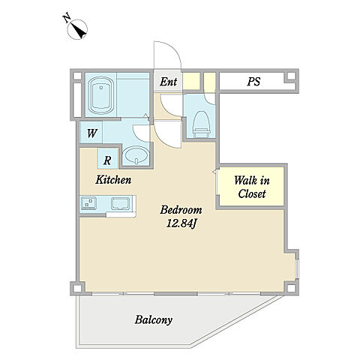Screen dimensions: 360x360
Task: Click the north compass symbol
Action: [x=77, y=29]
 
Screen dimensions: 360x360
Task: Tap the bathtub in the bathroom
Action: [x=101, y=95]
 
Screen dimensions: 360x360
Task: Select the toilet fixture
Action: [x=201, y=124]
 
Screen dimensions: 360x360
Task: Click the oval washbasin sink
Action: [x=136, y=155]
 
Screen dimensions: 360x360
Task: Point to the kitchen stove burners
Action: [x=88, y=202]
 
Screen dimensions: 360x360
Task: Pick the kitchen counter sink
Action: [x=121, y=203]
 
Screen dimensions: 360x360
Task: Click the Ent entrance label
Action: [x=169, y=82]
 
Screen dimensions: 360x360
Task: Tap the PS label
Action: [x=253, y=82]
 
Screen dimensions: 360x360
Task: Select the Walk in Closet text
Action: [x=252, y=187]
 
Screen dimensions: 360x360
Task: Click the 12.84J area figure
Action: [x=181, y=223]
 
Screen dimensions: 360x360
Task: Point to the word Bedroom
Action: [x=181, y=210]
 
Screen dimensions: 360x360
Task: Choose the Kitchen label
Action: [x=113, y=180]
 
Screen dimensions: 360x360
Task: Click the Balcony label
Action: [x=154, y=320]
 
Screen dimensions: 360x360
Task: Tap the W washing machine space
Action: [x=91, y=133]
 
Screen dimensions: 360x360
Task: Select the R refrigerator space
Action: [x=107, y=160]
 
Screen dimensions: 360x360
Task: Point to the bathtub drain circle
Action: [x=101, y=88]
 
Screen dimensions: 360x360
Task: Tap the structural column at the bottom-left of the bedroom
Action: [x=77, y=288]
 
